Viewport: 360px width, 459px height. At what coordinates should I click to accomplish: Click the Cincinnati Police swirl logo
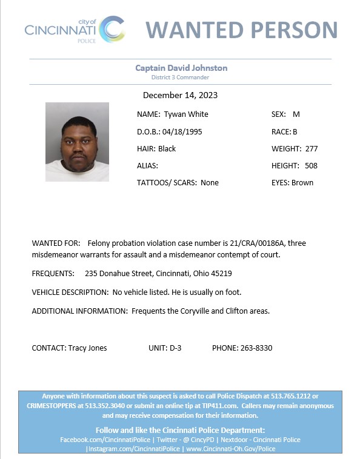tap(112, 28)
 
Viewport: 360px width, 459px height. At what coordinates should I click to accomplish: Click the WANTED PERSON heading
tap(241, 30)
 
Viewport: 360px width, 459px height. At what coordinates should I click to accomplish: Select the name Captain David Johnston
tap(181, 68)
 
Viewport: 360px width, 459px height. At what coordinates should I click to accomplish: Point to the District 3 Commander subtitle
tap(181, 77)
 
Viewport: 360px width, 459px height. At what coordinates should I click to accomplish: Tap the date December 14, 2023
tap(180, 95)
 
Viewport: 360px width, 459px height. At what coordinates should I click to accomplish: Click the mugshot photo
tap(77, 142)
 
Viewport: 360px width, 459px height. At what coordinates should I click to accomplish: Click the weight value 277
tap(312, 148)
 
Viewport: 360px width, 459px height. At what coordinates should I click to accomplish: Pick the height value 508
tap(312, 165)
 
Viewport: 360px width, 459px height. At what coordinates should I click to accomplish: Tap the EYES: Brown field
tap(292, 182)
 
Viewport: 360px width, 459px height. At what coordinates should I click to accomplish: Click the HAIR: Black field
tap(156, 148)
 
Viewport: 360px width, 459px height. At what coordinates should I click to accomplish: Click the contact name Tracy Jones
tap(87, 348)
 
